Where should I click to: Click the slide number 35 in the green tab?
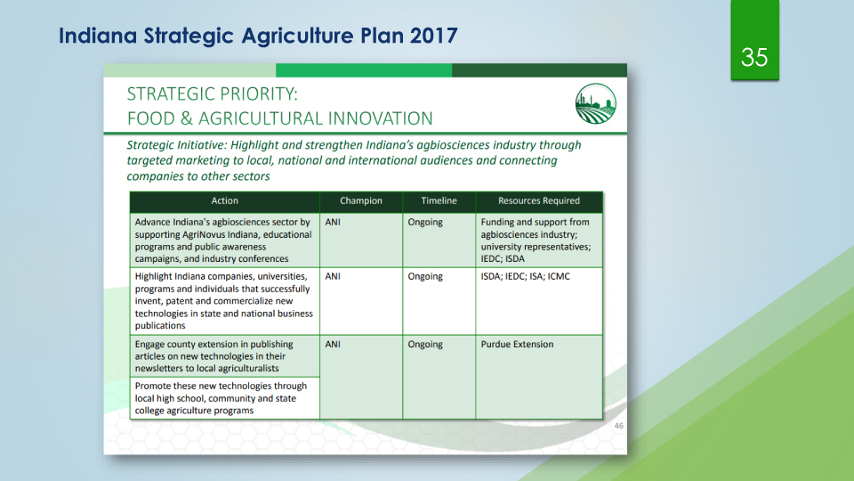coord(754,57)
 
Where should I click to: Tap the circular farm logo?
coord(596,103)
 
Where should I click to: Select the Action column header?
coord(224,200)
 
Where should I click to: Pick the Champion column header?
coord(361,200)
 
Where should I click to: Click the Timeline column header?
coord(439,200)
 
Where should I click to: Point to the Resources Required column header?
coord(539,200)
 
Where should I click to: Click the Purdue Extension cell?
coord(517,344)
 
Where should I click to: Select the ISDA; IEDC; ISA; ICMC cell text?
coord(525,276)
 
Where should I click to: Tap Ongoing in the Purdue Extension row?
coord(425,345)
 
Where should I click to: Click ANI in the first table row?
coord(333,222)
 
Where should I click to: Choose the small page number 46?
coord(619,426)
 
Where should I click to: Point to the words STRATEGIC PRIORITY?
coord(213,94)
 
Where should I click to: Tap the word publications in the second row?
coord(160,326)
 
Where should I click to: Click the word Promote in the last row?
coord(152,386)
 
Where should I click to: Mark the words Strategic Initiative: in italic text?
coord(177,145)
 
